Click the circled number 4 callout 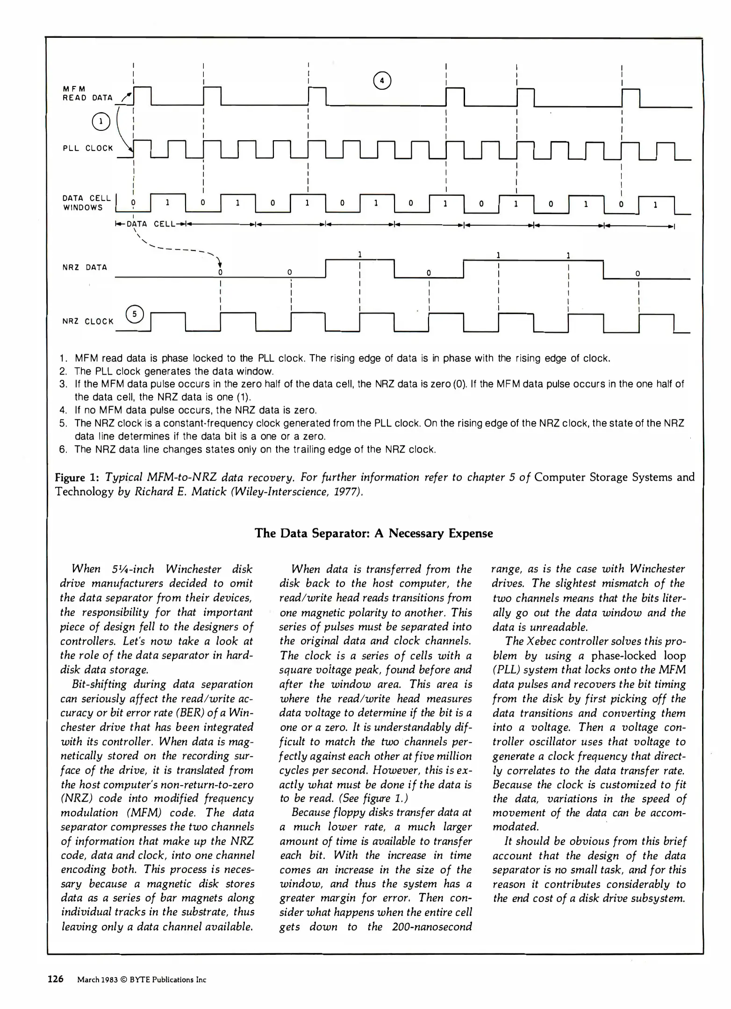pos(382,81)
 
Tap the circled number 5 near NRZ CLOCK pos(135,314)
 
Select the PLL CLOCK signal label pos(88,149)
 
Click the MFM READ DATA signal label pos(87,93)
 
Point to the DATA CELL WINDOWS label pos(86,203)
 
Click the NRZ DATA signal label pos(85,267)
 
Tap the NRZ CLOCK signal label pos(88,321)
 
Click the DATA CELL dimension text pos(150,224)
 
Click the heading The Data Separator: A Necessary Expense pos(373,533)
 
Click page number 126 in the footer pos(56,979)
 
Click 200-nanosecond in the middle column pos(432,927)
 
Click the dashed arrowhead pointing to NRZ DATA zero pos(219,263)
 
